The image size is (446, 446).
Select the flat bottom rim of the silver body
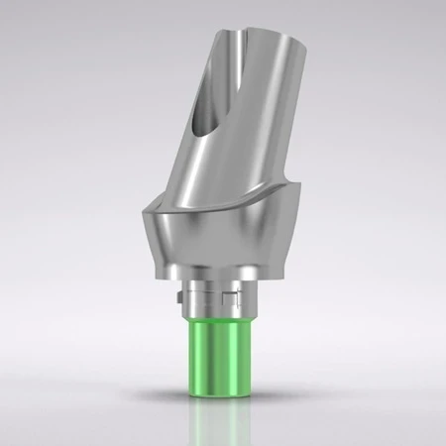click(218, 279)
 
